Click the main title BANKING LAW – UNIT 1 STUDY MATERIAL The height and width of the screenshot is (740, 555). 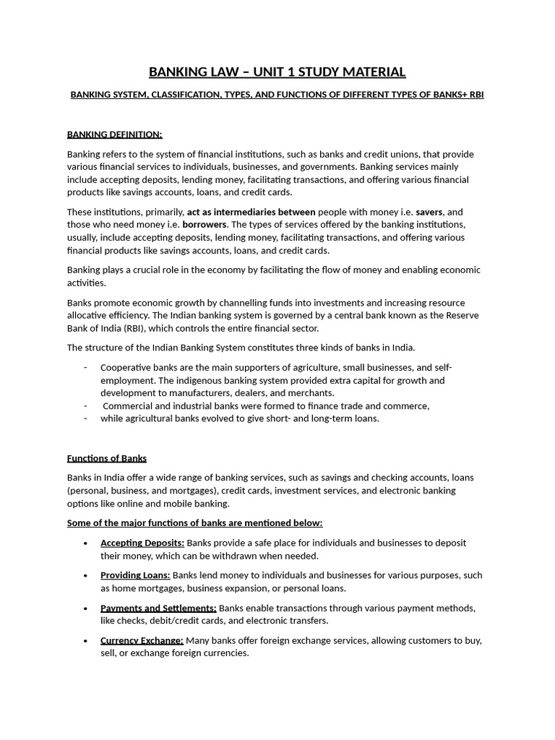point(277,72)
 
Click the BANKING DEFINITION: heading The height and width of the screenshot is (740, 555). point(115,134)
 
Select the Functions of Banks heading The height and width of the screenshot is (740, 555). point(107,458)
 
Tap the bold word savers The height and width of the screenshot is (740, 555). point(429,212)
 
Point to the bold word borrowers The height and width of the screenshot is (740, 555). point(205,225)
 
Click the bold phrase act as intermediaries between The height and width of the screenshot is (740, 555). point(251,212)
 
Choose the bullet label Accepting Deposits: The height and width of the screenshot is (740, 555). point(142,543)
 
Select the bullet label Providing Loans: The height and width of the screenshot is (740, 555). point(135,575)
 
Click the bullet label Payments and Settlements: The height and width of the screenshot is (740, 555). point(158,608)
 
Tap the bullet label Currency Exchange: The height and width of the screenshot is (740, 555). point(142,640)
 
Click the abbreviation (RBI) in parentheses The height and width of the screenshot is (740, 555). point(134,328)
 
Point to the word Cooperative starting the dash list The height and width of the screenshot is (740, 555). point(125,367)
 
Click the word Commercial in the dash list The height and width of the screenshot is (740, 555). point(129,405)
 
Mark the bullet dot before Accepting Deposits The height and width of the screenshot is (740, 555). point(86,543)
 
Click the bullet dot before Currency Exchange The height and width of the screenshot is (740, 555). point(86,641)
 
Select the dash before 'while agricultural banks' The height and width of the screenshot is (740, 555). point(85,418)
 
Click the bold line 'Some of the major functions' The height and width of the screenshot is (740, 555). point(194,522)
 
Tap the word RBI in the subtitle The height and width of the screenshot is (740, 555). point(476,95)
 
